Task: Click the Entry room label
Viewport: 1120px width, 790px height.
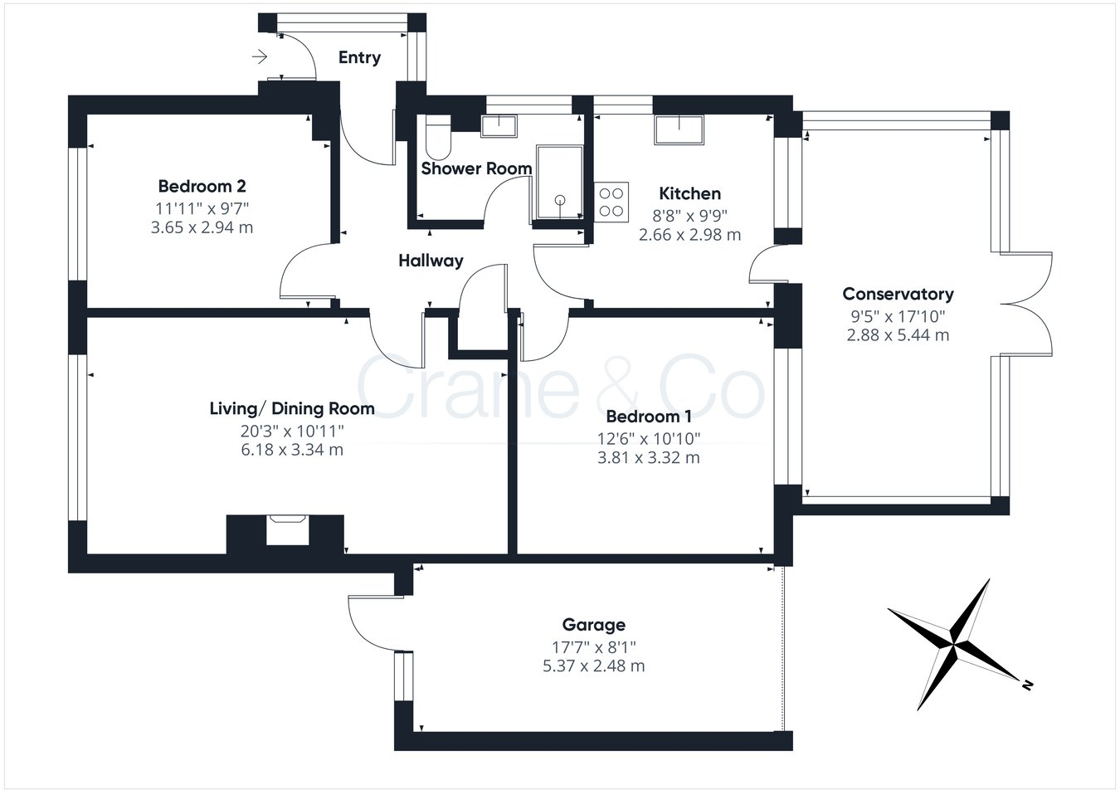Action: point(359,57)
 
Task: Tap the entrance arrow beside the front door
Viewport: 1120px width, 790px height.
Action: point(260,57)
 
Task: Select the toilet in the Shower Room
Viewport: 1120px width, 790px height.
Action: point(436,138)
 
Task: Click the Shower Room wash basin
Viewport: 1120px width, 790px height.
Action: point(499,125)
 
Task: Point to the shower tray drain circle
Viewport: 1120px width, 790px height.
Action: point(560,199)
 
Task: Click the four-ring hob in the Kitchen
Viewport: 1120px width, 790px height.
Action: point(611,200)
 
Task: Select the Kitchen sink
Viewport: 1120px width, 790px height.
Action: point(679,130)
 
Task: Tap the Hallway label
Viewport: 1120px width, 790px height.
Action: point(431,261)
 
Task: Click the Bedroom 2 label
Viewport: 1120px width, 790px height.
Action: point(202,186)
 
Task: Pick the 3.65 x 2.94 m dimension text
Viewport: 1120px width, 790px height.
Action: point(202,227)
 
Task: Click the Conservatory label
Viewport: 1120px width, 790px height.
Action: point(898,294)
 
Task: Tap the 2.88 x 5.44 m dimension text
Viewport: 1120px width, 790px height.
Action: point(898,335)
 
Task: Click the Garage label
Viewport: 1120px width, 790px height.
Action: point(593,625)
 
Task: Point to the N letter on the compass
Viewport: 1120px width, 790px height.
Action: point(1027,685)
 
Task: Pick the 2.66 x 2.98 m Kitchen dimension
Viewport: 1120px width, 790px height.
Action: point(689,235)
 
